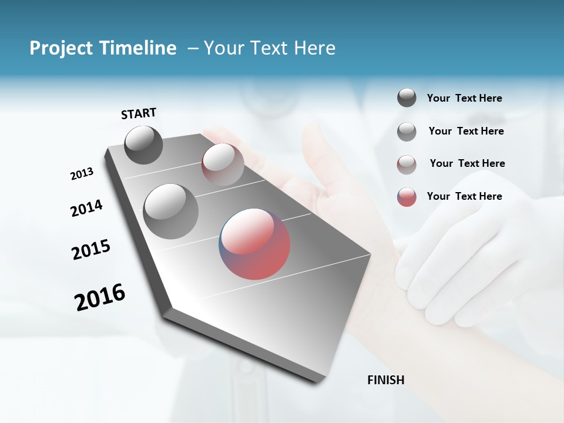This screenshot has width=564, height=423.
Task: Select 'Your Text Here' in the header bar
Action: coord(269,48)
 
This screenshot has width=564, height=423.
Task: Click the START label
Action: coord(139,113)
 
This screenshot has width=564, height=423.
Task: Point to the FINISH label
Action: coord(385,380)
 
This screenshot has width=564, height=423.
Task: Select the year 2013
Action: coord(82,174)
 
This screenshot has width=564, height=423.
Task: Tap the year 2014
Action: coord(86,208)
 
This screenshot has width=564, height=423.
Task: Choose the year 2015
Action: coord(91,250)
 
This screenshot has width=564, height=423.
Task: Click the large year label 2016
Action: coord(100,297)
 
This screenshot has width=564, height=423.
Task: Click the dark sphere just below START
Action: coord(143,145)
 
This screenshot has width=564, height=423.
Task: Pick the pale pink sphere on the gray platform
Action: coord(223,164)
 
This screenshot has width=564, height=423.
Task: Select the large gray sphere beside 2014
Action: coord(171,211)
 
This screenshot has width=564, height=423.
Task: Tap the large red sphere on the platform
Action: coord(255,243)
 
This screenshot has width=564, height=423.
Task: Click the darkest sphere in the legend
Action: coord(407,98)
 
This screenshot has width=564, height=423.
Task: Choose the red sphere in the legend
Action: coord(407,197)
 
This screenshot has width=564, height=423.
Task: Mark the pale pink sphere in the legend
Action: coord(407,164)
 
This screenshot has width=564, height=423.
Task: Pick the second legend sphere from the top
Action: coord(407,132)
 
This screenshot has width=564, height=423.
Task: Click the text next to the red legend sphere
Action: coord(464,196)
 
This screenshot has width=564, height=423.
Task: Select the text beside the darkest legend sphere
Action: coord(464,98)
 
